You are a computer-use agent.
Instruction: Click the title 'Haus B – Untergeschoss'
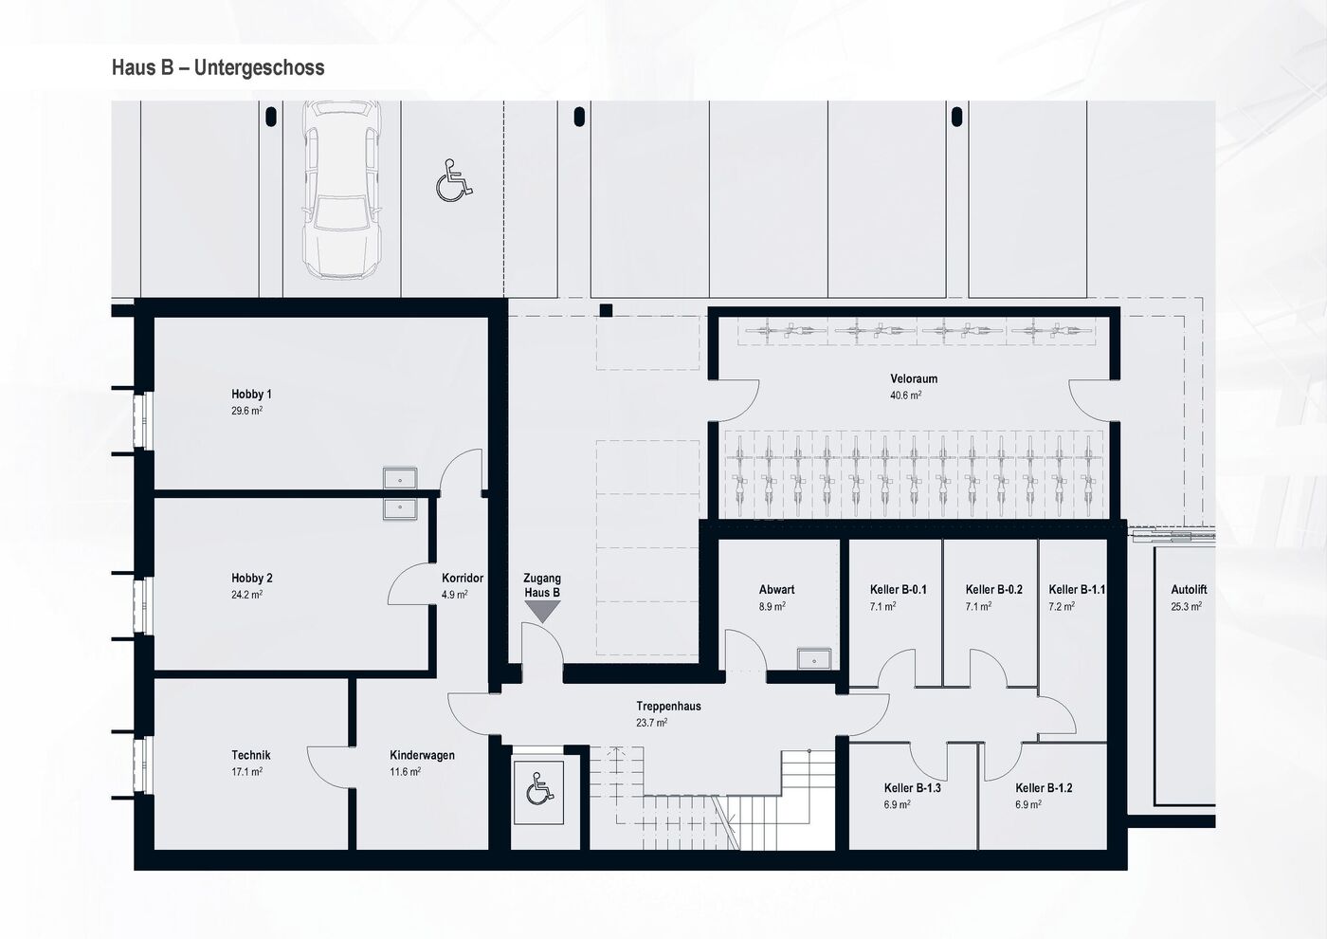click(218, 67)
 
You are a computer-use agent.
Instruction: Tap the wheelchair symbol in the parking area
click(454, 180)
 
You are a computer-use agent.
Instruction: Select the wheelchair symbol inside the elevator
click(538, 788)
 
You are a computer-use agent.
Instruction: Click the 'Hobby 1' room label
click(251, 394)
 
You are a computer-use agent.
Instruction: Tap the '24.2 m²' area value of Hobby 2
click(247, 596)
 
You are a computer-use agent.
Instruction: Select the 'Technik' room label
click(251, 755)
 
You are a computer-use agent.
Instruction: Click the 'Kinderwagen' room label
click(422, 755)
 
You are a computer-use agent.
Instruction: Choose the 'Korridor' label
click(463, 578)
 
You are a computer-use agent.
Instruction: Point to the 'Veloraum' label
click(914, 378)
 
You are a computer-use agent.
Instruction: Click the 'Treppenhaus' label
click(668, 706)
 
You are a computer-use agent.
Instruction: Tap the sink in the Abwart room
click(814, 657)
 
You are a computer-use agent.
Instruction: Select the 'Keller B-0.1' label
click(898, 589)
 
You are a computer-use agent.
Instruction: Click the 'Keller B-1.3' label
click(912, 787)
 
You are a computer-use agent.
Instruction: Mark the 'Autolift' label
click(1189, 589)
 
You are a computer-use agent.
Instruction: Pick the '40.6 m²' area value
click(905, 396)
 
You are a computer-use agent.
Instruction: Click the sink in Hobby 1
click(400, 477)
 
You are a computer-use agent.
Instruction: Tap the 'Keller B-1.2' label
click(1044, 787)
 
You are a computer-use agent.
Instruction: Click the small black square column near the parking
click(607, 310)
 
